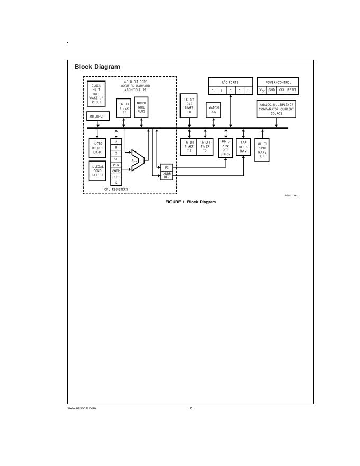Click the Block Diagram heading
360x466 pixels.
tap(97, 67)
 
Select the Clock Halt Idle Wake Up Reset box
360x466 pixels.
tap(96, 94)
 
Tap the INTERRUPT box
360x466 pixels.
tap(97, 116)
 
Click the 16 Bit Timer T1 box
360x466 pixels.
tap(124, 108)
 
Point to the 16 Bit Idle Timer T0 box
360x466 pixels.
tap(189, 105)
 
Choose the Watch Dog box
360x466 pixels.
tap(213, 110)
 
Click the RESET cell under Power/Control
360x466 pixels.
tap(292, 91)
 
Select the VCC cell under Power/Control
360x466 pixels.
tap(262, 91)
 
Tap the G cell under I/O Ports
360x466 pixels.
tap(239, 91)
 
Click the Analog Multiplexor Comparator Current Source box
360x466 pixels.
tap(276, 109)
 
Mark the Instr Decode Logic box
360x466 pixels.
tap(97, 148)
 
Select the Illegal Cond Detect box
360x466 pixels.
tap(97, 171)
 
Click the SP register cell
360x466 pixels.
tap(116, 159)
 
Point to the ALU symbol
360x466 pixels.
tap(136, 159)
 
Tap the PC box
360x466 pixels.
tap(166, 167)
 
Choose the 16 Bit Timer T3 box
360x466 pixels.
tap(205, 147)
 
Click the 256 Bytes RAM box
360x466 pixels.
tap(243, 147)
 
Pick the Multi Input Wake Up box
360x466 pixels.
tap(262, 149)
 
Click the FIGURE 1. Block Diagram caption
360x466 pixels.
tap(191, 202)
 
